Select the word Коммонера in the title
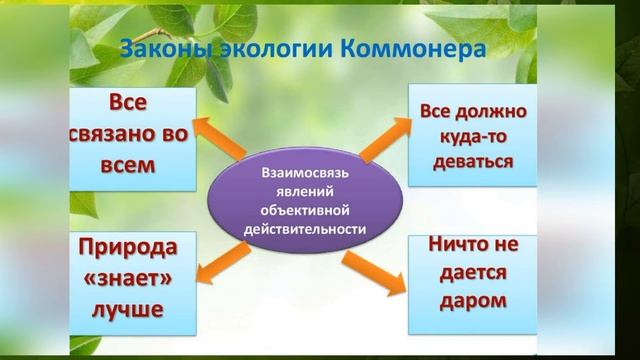tap(404, 49)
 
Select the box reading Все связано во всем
tap(131, 137)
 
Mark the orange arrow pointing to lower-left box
tap(222, 265)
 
